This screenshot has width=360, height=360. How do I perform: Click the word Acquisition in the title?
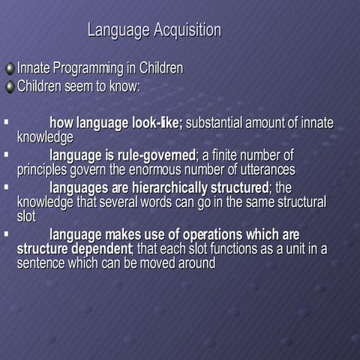187,31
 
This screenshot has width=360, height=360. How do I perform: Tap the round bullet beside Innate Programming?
10,69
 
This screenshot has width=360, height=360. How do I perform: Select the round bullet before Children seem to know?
10,86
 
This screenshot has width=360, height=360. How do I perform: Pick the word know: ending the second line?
124,85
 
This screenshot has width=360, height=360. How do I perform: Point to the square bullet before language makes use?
6,233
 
